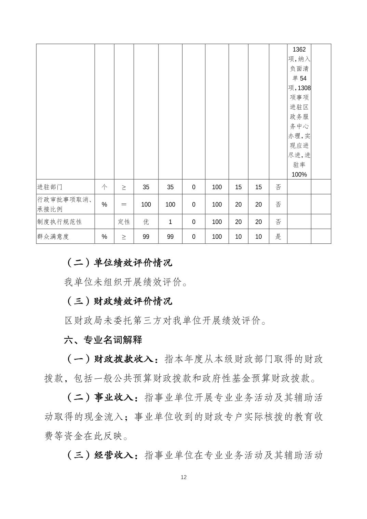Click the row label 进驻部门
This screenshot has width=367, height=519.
click(50, 187)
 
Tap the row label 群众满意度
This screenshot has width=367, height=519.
click(53, 237)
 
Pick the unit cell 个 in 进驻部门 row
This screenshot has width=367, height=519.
click(104, 187)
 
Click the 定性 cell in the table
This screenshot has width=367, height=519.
click(124, 222)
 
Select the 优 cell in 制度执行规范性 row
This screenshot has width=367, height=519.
click(146, 222)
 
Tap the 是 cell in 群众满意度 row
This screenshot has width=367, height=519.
click(278, 237)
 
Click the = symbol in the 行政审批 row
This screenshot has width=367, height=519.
click(124, 204)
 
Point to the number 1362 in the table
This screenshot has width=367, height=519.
click(299, 50)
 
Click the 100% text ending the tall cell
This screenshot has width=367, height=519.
click(299, 174)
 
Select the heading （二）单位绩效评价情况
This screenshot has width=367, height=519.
click(118, 263)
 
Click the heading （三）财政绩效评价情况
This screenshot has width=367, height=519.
click(118, 301)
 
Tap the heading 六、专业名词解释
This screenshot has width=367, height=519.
click(103, 340)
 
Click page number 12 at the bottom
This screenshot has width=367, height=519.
click(183, 477)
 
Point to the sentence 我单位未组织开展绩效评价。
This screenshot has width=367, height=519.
click(126, 282)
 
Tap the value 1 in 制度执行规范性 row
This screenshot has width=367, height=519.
click(170, 222)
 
